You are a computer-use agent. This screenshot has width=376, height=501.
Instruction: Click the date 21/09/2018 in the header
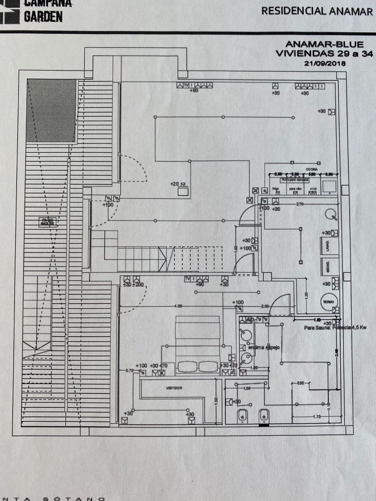325,63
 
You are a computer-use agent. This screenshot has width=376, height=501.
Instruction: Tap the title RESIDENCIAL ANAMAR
317,11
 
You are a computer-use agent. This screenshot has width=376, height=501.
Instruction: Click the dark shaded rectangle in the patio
52,111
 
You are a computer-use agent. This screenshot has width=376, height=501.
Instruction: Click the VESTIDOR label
174,388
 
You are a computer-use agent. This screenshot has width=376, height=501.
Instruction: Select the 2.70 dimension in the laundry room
299,204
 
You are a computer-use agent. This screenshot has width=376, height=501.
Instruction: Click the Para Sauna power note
335,328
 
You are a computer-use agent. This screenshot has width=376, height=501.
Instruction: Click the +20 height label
175,184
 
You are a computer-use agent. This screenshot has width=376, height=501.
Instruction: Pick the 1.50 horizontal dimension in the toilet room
246,388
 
